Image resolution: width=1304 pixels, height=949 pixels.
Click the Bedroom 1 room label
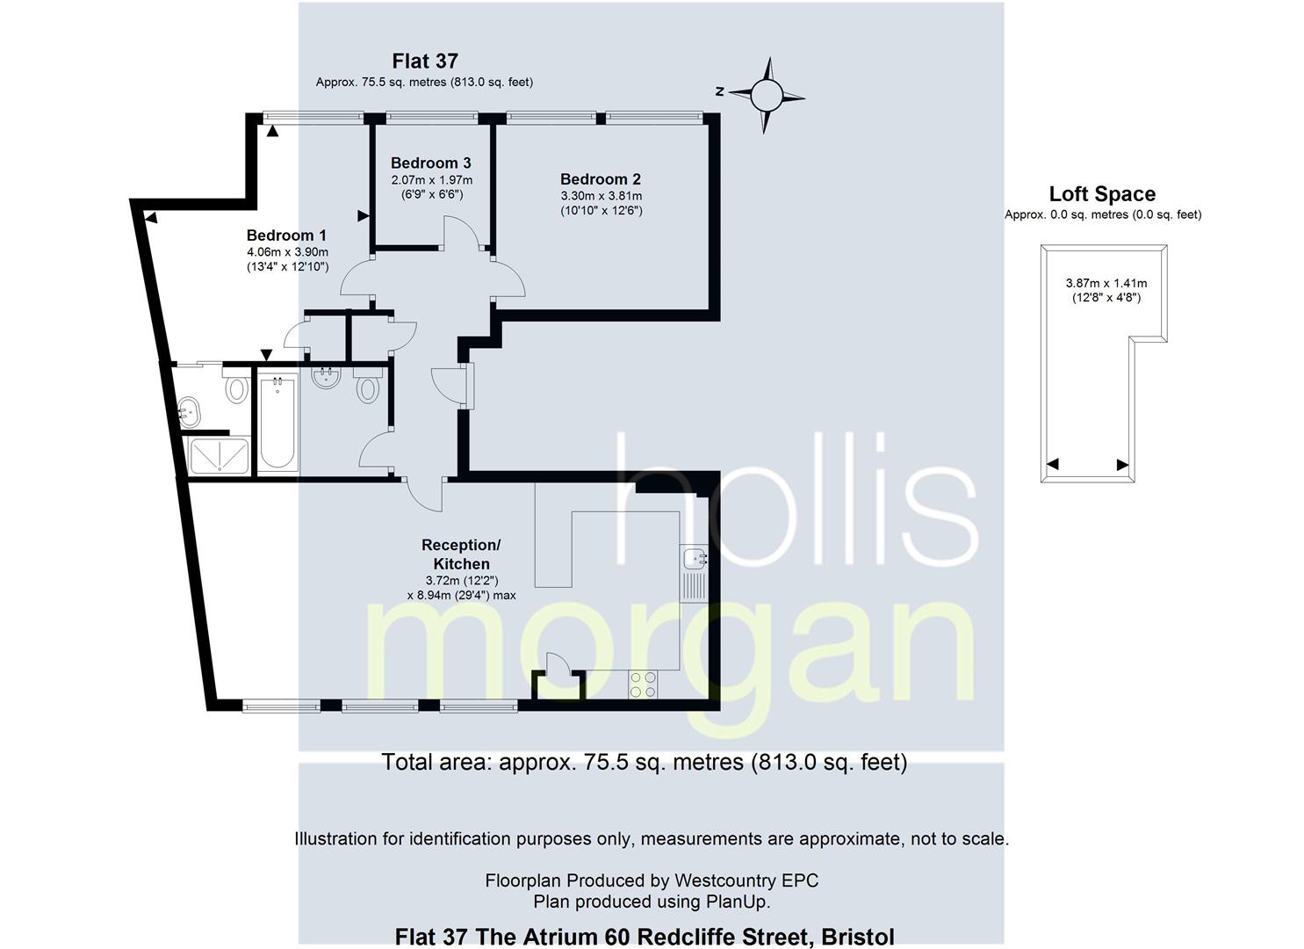(286, 235)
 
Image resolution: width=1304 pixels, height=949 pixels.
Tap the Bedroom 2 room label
(600, 179)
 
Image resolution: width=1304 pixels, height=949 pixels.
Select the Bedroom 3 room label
(431, 163)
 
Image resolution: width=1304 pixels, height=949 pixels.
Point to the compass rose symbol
(766, 96)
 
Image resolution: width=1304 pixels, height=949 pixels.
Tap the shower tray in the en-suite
(220, 455)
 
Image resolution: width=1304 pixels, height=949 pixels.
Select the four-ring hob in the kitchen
(643, 685)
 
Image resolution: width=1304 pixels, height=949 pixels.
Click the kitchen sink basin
(694, 559)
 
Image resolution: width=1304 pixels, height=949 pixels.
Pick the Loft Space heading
(1102, 194)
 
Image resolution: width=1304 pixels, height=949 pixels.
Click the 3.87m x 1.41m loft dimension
(1106, 284)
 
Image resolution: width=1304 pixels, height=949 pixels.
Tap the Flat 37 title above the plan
(425, 61)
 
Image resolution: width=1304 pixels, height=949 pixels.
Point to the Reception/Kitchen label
(461, 554)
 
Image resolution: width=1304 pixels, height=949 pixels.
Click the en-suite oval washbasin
(189, 411)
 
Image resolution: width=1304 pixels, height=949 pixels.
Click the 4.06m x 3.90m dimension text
(287, 252)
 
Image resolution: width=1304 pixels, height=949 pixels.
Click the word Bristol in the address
(858, 937)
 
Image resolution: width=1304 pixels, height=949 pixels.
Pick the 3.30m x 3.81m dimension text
(602, 196)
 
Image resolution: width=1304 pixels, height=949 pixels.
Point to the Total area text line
(644, 762)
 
